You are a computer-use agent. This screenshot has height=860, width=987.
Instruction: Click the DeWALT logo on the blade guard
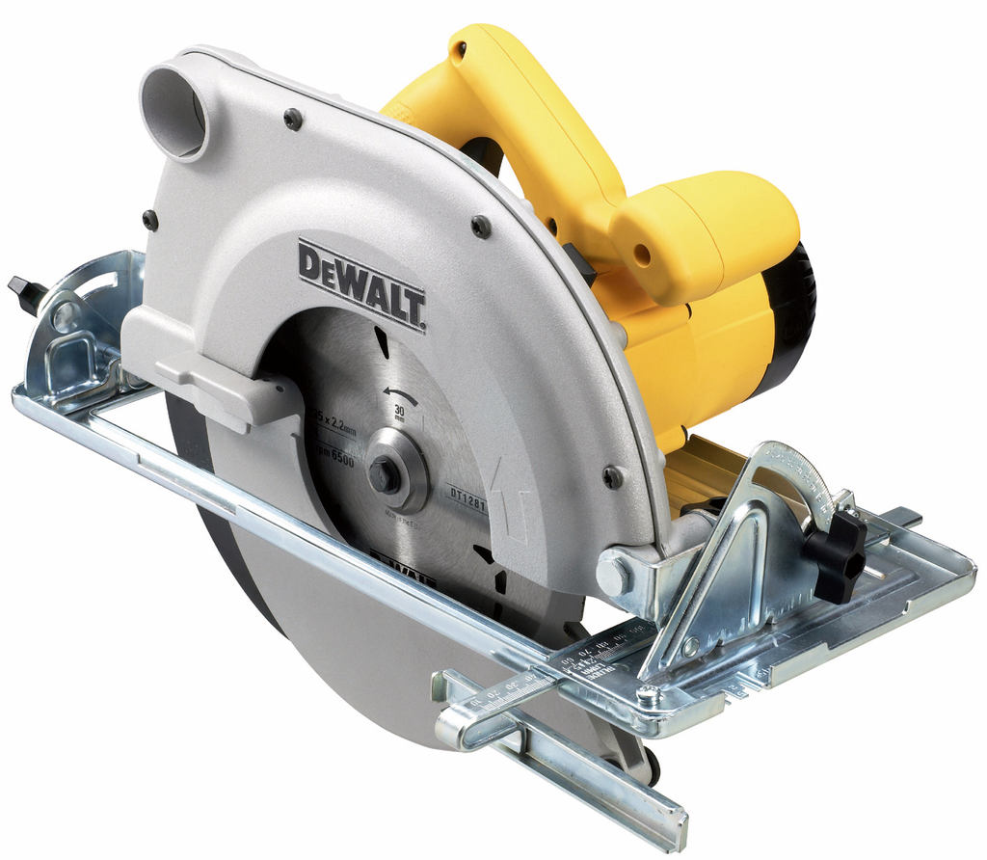tap(361, 285)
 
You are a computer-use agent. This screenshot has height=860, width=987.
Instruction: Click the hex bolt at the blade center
tap(386, 475)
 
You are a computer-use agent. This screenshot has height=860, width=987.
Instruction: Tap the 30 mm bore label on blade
tap(399, 415)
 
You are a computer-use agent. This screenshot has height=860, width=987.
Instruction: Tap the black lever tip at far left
tap(21, 288)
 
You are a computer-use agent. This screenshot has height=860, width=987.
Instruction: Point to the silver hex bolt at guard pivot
tap(613, 576)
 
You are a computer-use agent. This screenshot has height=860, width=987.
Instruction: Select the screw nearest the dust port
tap(293, 119)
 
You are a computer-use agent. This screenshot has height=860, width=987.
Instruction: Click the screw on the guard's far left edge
tap(149, 220)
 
